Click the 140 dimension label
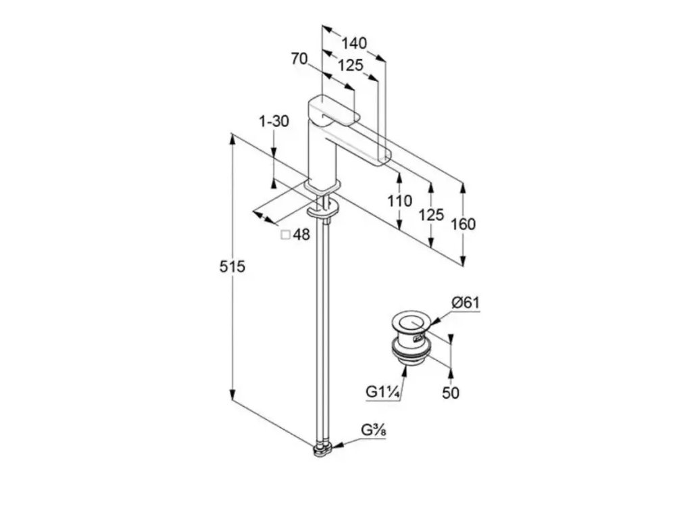pos(353,43)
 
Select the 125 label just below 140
pos(351,65)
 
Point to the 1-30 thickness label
pos(274,122)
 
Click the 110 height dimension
pos(400,201)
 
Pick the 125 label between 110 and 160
pos(431,214)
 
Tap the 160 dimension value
pos(463,224)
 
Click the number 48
pos(301,234)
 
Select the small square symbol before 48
pos(285,234)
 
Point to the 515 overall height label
pos(232,267)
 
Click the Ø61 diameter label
pos(466,303)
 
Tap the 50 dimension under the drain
pos(451,392)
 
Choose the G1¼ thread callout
pos(381,392)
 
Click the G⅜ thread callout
pos(373,430)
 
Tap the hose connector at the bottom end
pos(322,448)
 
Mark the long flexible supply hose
pos(323,324)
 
